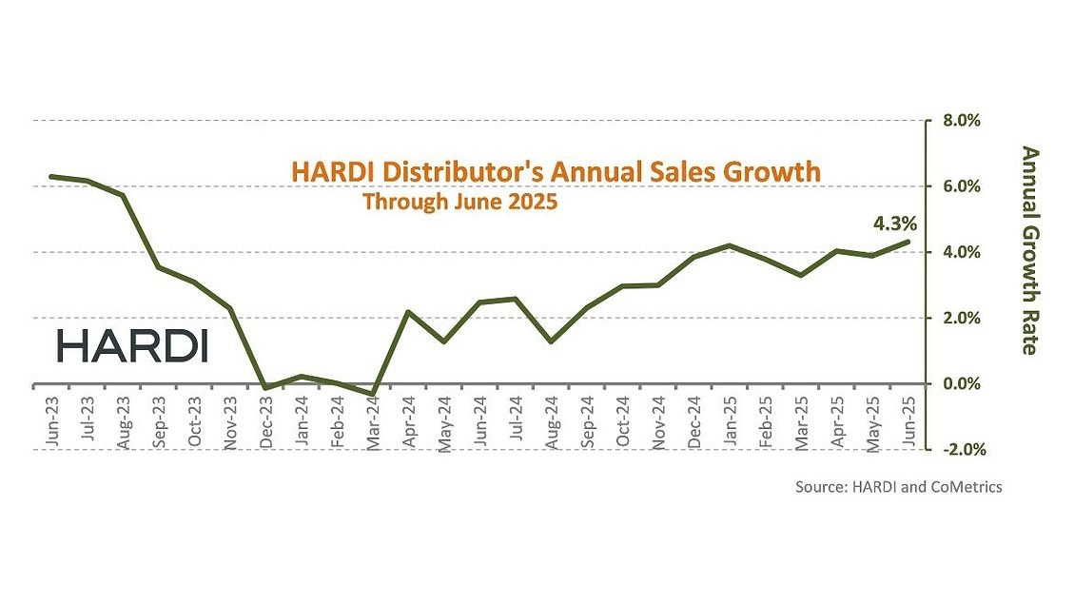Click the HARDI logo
pos(131,346)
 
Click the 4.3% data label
pos(894,224)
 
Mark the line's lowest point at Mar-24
pos(371,394)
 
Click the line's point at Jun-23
pos(51,177)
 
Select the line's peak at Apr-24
pos(407,312)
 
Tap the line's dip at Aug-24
pos(552,341)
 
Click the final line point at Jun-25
pos(908,242)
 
